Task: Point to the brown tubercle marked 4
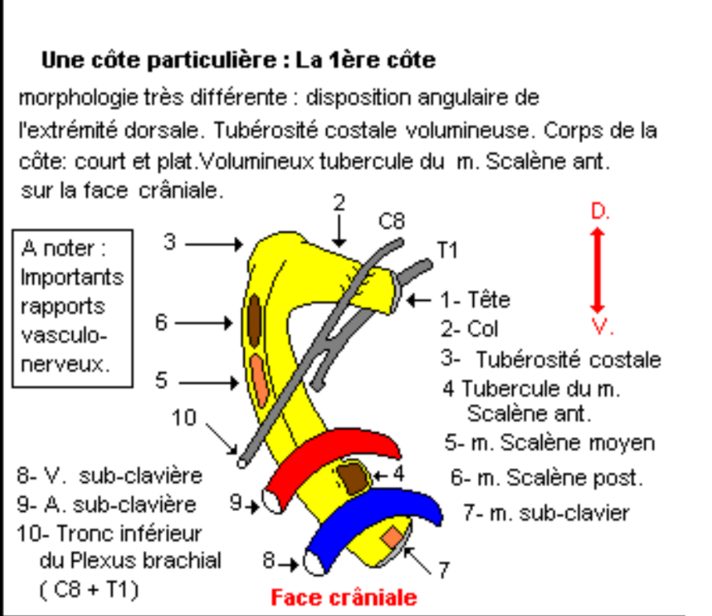point(353,477)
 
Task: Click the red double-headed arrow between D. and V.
point(598,269)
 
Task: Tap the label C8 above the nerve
point(391,222)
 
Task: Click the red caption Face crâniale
point(344,597)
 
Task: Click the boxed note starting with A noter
point(72,306)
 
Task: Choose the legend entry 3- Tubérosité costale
point(550,360)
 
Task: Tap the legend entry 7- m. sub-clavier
point(546,513)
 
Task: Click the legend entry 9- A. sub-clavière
point(107,503)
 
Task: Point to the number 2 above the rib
point(339,203)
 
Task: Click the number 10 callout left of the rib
point(184,418)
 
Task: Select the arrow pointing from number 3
point(214,244)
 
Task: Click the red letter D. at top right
point(599,212)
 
